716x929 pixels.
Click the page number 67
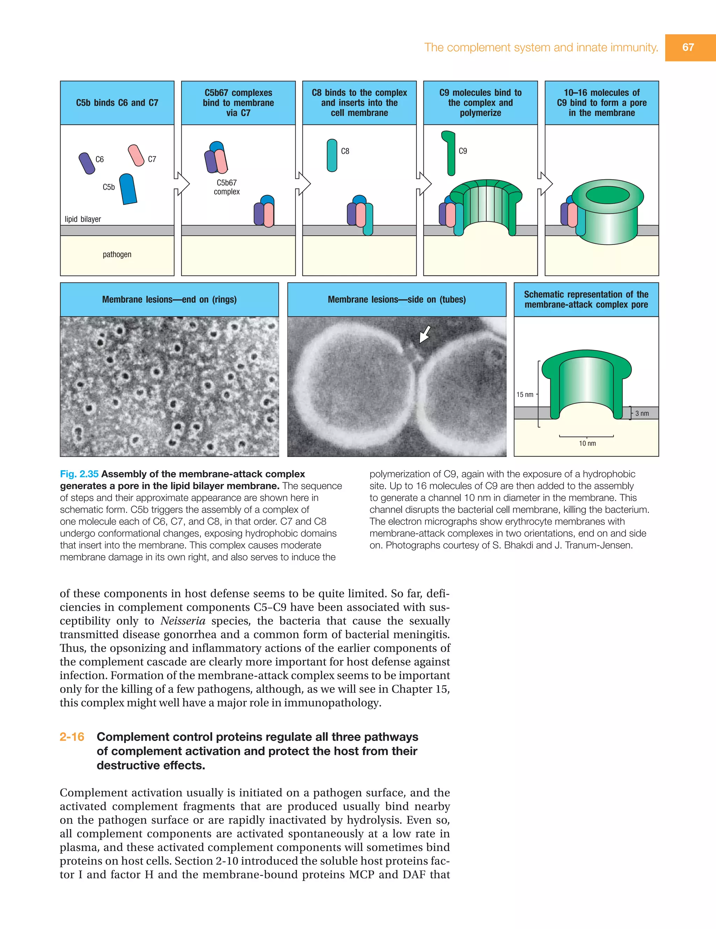[x=688, y=47]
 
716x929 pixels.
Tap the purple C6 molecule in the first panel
[x=87, y=164]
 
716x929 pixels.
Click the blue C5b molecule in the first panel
[x=128, y=189]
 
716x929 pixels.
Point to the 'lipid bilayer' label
[x=83, y=219]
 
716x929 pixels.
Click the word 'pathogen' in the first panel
[x=117, y=254]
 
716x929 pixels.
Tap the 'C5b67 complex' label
[x=227, y=187]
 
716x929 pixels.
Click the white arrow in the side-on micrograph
[x=425, y=334]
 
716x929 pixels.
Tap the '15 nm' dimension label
[x=524, y=394]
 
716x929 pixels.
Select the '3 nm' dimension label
[x=642, y=413]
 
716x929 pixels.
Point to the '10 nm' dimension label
[x=587, y=443]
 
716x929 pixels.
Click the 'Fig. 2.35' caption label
[x=79, y=474]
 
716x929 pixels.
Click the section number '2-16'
[x=72, y=737]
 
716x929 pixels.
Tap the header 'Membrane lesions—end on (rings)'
[x=170, y=299]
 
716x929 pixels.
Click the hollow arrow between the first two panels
[x=182, y=184]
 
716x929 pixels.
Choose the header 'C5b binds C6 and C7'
[x=117, y=102]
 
